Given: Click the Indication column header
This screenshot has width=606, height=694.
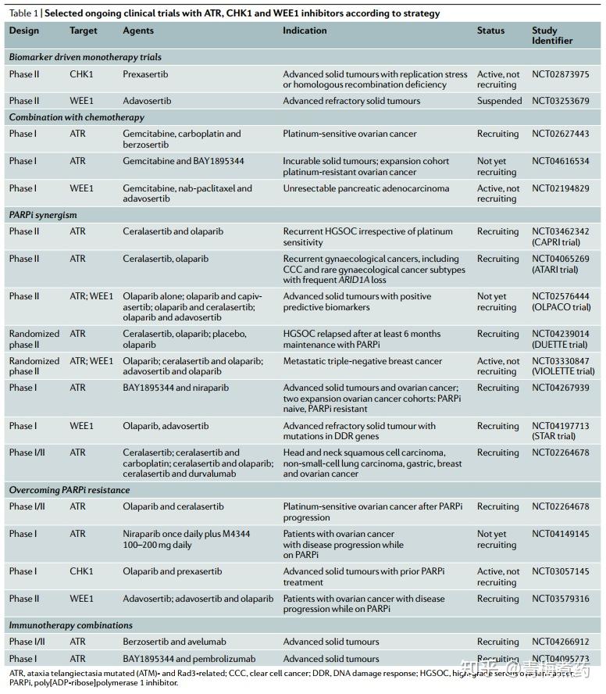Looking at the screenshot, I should pyautogui.click(x=305, y=30).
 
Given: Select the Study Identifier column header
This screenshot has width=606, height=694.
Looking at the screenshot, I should pyautogui.click(x=552, y=35).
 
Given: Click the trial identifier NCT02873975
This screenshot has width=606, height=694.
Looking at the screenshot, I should pyautogui.click(x=561, y=74).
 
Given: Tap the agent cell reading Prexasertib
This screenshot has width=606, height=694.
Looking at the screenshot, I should pyautogui.click(x=145, y=74).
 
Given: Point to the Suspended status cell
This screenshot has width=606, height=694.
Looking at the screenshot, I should pyautogui.click(x=499, y=101).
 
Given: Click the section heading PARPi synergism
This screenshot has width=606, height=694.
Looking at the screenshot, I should pyautogui.click(x=43, y=215).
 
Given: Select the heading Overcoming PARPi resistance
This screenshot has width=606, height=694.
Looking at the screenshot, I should pyautogui.click(x=70, y=490).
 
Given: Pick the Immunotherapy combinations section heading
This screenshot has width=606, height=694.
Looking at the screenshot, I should pyautogui.click(x=71, y=625).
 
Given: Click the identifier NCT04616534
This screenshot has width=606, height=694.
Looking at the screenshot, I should pyautogui.click(x=561, y=161).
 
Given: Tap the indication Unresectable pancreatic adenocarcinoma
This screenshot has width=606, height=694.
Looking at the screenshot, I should pyautogui.click(x=365, y=188).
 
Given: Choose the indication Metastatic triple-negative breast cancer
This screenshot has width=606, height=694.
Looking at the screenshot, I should pyautogui.click(x=362, y=361).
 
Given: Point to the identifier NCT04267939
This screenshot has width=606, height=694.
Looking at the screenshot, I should pyautogui.click(x=561, y=388).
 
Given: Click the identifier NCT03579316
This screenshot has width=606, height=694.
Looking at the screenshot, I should pyautogui.click(x=561, y=599).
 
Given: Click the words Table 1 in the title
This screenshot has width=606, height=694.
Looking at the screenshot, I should pyautogui.click(x=23, y=13).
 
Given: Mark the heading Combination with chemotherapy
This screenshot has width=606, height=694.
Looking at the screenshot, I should pyautogui.click(x=77, y=117).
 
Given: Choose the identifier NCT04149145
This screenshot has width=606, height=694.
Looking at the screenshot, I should pyautogui.click(x=561, y=534).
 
